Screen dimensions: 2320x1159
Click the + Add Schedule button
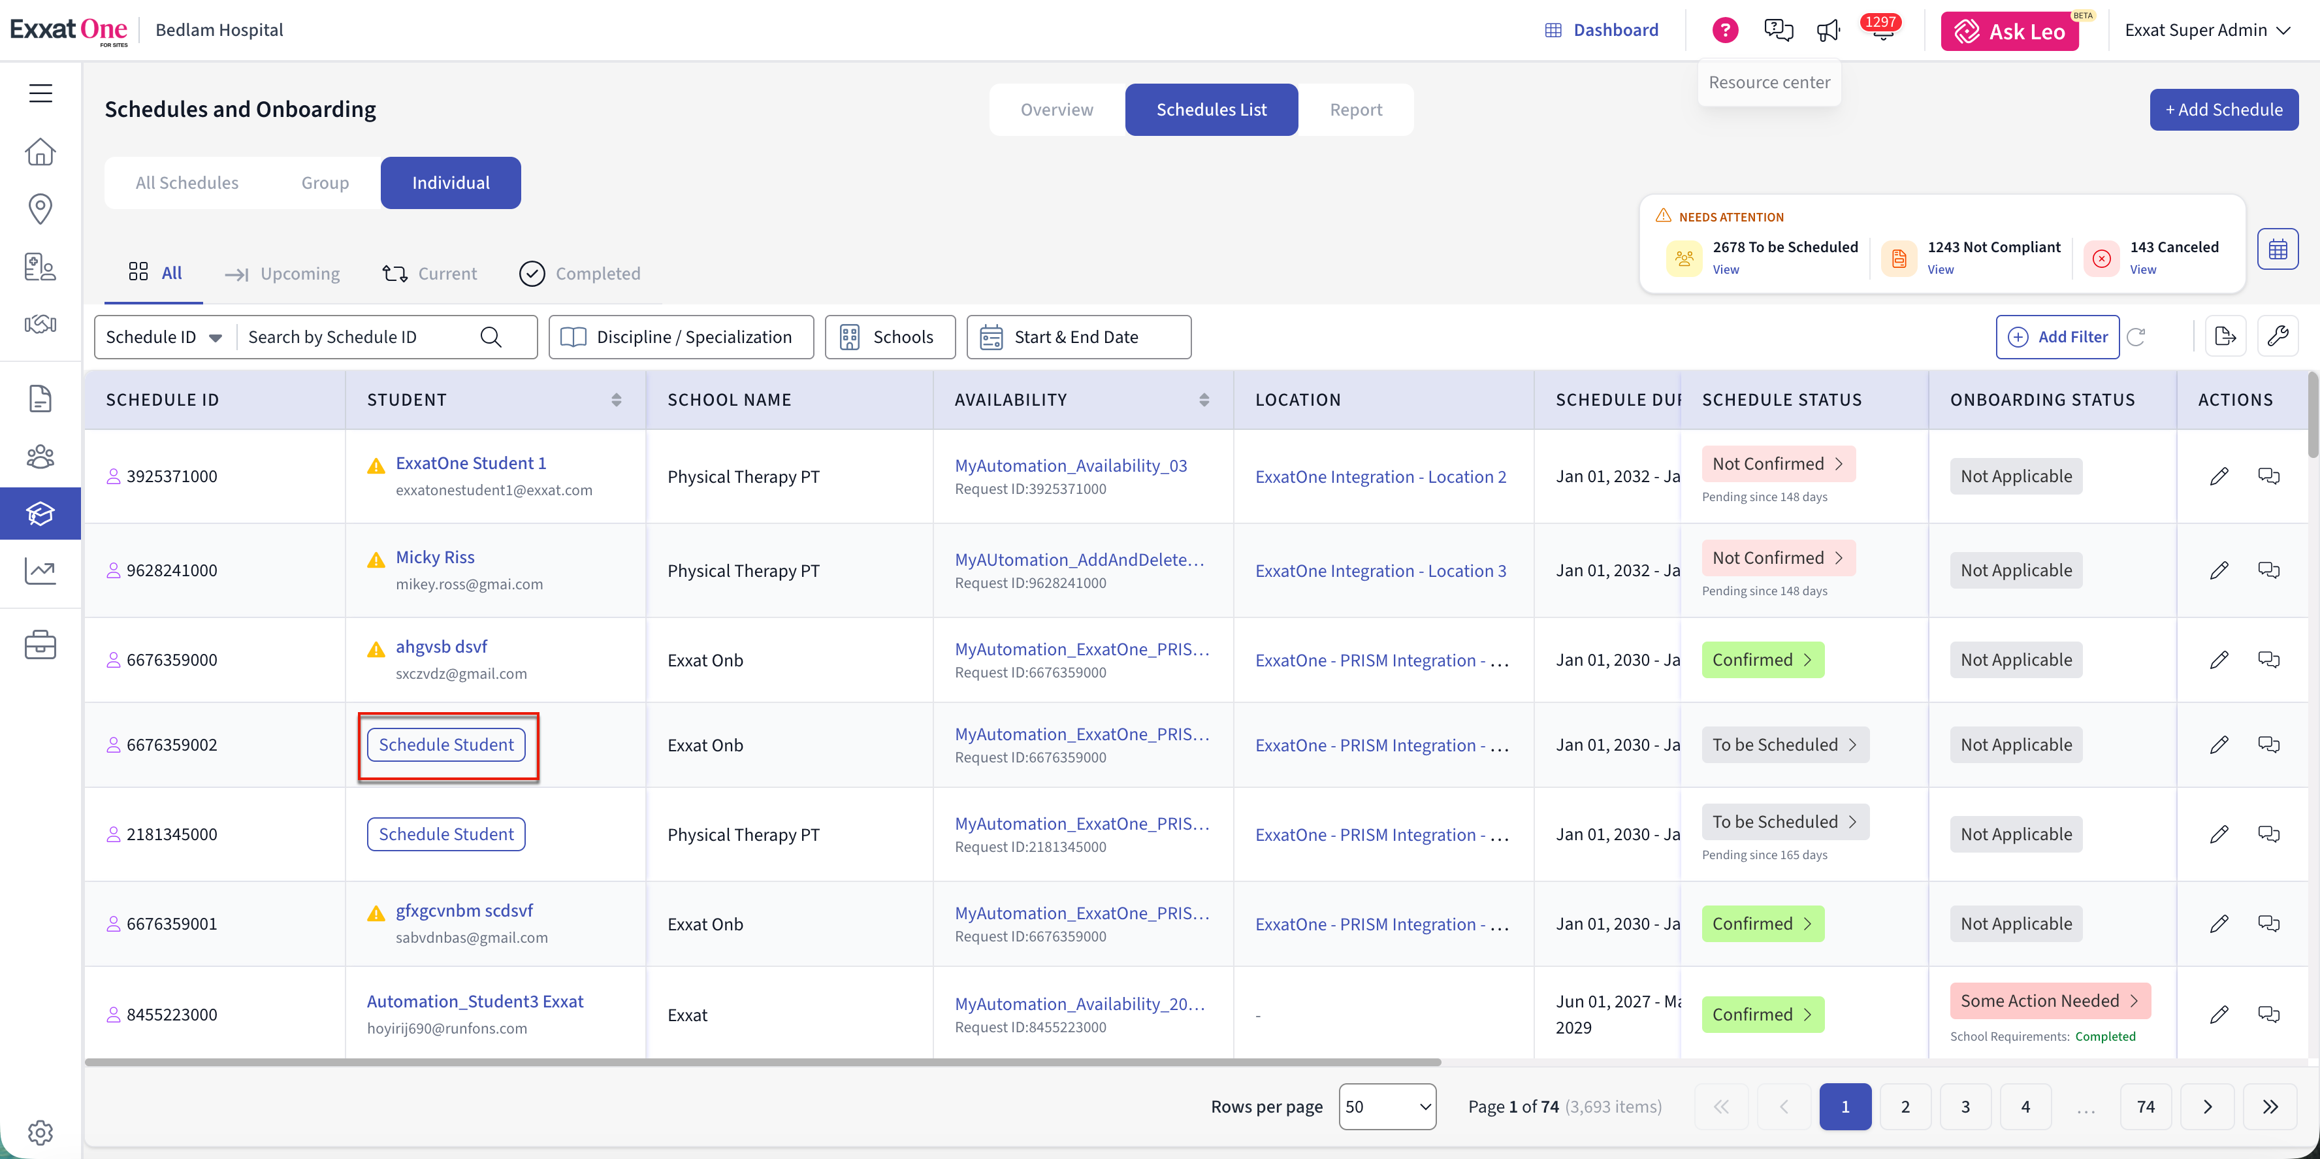tap(2223, 110)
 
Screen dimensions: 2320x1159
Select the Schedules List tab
tap(1212, 110)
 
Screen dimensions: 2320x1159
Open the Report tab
tap(1355, 110)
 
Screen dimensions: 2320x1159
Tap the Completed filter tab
tap(580, 274)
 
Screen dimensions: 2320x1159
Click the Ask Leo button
tap(2009, 31)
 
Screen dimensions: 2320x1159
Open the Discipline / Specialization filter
tap(681, 337)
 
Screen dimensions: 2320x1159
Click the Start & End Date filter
tap(1079, 337)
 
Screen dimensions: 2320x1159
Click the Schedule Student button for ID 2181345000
tap(446, 834)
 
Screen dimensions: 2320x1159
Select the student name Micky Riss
tap(435, 557)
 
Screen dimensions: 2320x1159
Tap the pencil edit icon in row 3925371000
tap(2219, 476)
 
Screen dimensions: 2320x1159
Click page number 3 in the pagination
tap(1965, 1107)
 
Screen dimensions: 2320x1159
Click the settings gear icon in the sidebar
tap(40, 1132)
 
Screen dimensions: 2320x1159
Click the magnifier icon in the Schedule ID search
tap(491, 337)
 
